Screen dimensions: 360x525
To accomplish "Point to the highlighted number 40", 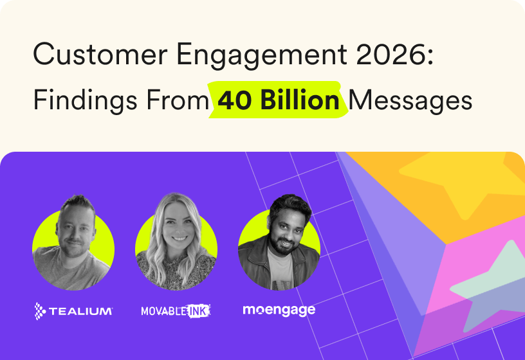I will [x=233, y=100].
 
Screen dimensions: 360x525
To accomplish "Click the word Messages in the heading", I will [x=410, y=100].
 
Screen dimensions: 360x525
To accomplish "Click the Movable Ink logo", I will [x=176, y=311].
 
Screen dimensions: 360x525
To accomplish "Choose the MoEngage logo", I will [x=279, y=310].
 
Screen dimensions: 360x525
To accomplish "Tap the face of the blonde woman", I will [x=176, y=225].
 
